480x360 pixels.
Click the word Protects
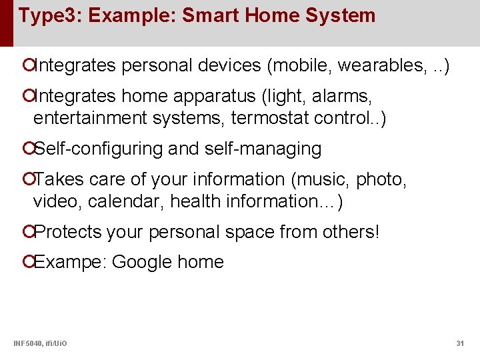[x=67, y=231]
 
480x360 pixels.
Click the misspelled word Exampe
[x=69, y=262]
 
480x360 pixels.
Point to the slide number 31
[x=459, y=343]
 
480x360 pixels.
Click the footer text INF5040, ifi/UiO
[x=39, y=343]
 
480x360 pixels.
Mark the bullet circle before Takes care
[x=27, y=179]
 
